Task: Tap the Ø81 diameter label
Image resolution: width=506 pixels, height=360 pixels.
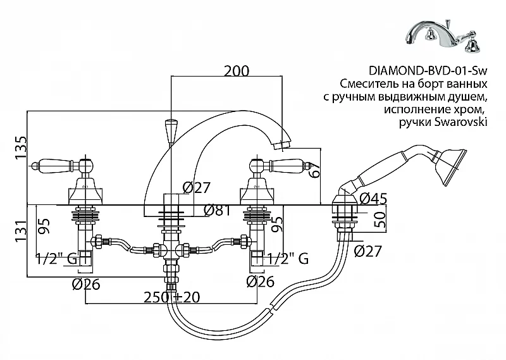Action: (217, 211)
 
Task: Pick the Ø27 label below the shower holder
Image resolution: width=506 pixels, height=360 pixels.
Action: (368, 251)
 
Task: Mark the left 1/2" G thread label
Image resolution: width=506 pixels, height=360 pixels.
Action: (57, 258)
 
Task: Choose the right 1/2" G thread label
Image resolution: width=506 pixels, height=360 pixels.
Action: (288, 258)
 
